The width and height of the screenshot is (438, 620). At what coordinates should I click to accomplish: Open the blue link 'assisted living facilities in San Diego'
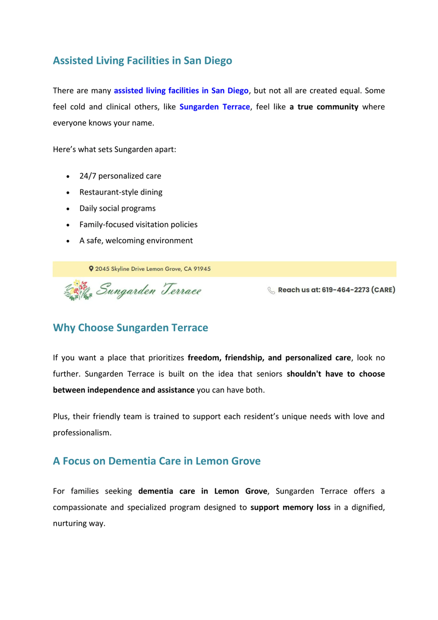pyautogui.click(x=181, y=91)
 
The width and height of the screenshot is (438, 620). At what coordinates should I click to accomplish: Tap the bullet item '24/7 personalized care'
pyautogui.click(x=120, y=176)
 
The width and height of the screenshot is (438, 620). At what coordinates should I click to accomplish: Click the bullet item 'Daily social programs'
pyautogui.click(x=117, y=209)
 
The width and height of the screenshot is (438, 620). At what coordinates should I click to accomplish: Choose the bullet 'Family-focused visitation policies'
pyautogui.click(x=138, y=225)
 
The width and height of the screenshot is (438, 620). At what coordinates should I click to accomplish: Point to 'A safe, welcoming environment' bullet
pyautogui.click(x=136, y=241)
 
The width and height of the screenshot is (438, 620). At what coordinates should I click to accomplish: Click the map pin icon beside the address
pyautogui.click(x=91, y=269)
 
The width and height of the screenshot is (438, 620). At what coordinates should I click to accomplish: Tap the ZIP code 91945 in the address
pyautogui.click(x=202, y=269)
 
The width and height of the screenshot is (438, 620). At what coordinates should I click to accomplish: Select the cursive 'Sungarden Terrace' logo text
pyautogui.click(x=149, y=290)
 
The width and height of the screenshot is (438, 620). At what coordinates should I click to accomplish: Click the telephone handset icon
pyautogui.click(x=271, y=290)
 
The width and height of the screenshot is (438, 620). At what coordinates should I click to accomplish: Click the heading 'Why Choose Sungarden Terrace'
pyautogui.click(x=130, y=328)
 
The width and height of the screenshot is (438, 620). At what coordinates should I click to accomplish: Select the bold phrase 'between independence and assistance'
pyautogui.click(x=123, y=390)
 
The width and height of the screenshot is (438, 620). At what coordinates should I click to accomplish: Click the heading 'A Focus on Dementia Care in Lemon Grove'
pyautogui.click(x=157, y=461)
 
